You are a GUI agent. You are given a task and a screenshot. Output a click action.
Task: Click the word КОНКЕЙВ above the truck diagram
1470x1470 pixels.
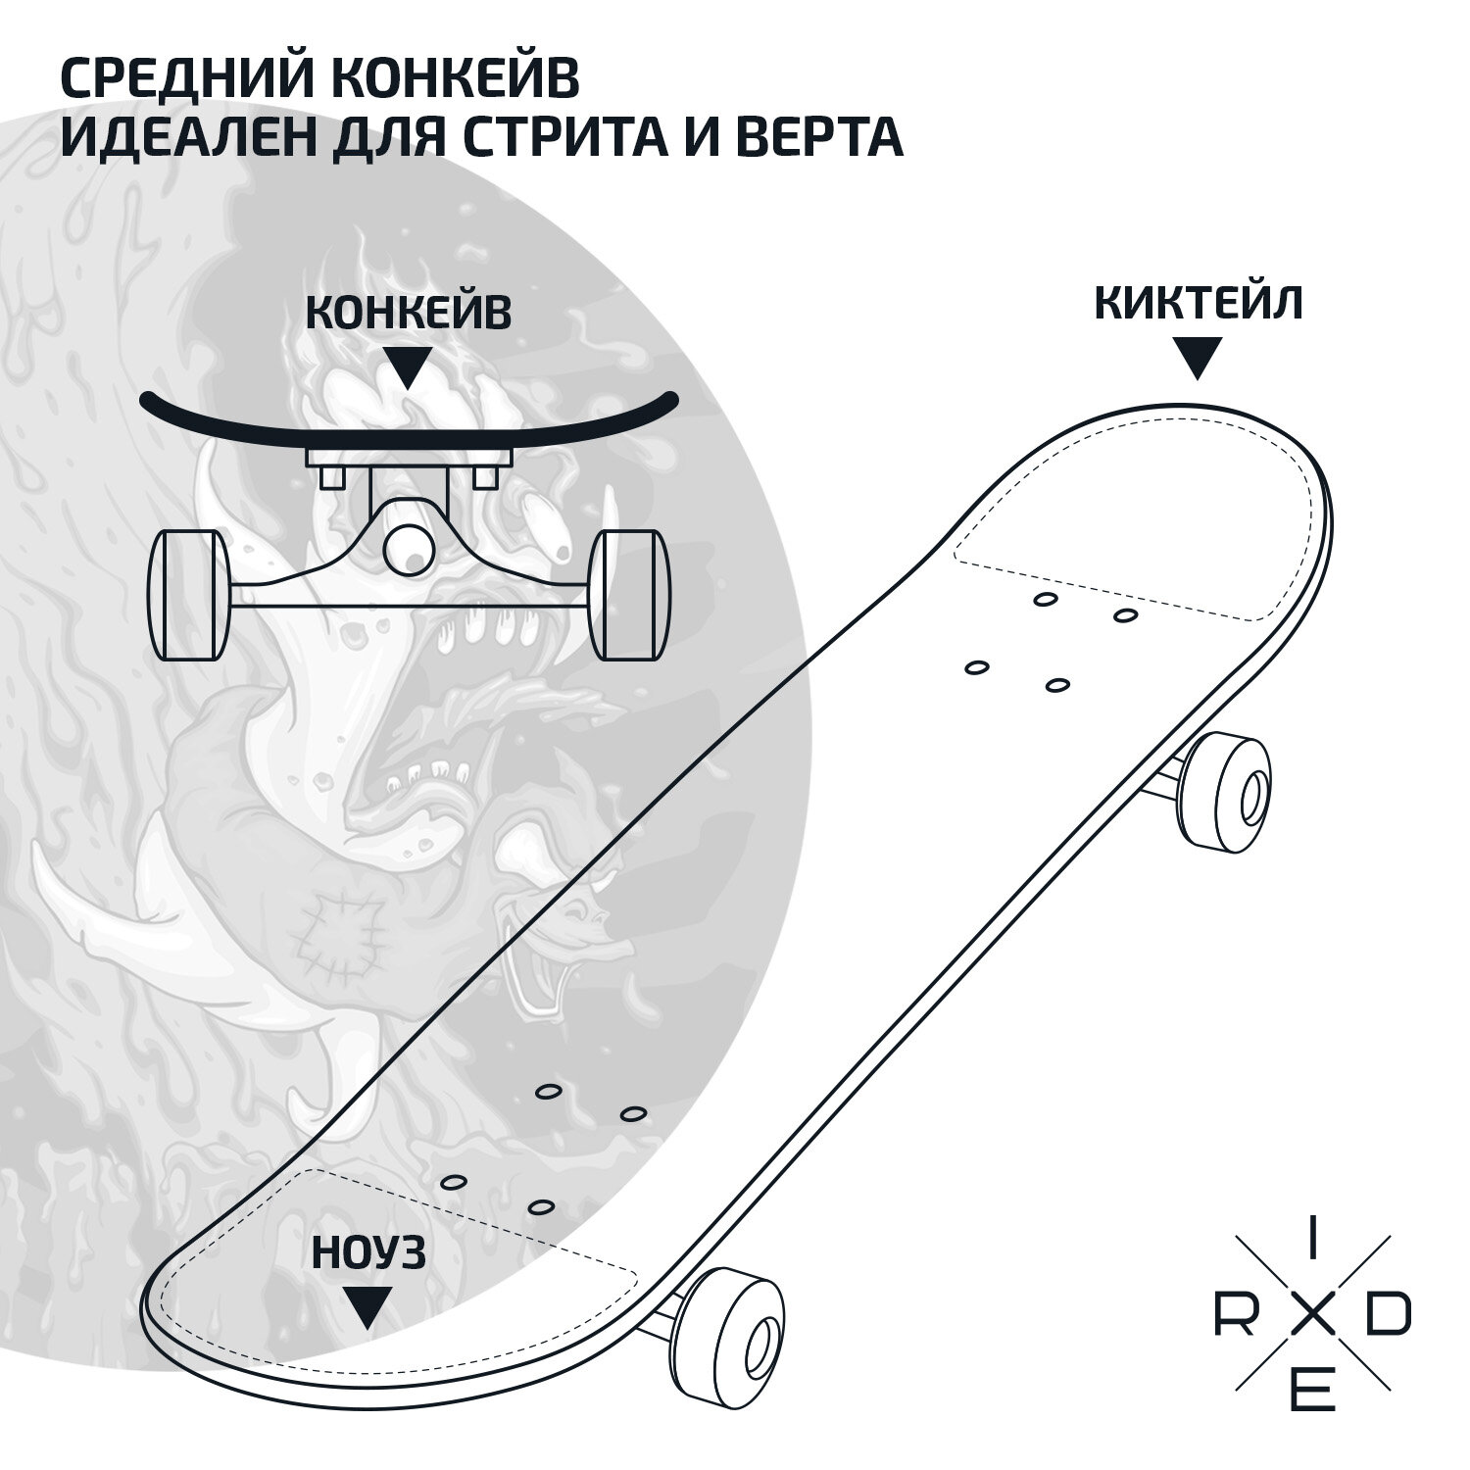coord(408,314)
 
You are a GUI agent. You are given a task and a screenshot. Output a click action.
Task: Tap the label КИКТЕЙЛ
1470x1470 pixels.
coord(1198,304)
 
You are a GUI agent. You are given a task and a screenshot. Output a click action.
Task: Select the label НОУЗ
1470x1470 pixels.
coord(368,1253)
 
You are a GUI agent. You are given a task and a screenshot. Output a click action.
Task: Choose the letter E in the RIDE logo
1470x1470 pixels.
coord(1313,1393)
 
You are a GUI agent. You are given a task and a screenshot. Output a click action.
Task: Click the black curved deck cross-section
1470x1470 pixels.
coord(409,417)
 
